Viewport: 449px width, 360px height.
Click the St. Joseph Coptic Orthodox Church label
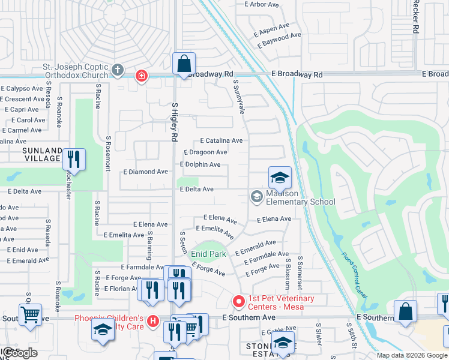[x=74, y=71]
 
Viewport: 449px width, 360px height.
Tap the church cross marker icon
[x=118, y=71]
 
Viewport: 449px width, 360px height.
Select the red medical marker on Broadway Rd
[x=141, y=76]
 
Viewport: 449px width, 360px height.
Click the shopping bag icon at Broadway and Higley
[x=184, y=64]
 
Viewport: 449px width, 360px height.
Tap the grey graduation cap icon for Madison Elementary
[x=256, y=196]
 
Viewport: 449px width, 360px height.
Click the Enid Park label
[x=208, y=254]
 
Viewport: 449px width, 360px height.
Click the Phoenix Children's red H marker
[x=153, y=322]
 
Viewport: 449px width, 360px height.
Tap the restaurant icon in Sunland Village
[x=74, y=160]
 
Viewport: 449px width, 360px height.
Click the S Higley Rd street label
[x=175, y=122]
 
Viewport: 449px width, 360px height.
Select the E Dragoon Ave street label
[x=205, y=152]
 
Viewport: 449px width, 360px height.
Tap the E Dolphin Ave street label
[x=200, y=164]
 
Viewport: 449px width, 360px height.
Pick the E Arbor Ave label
[x=262, y=4]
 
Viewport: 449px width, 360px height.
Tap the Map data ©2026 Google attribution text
[x=411, y=355]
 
